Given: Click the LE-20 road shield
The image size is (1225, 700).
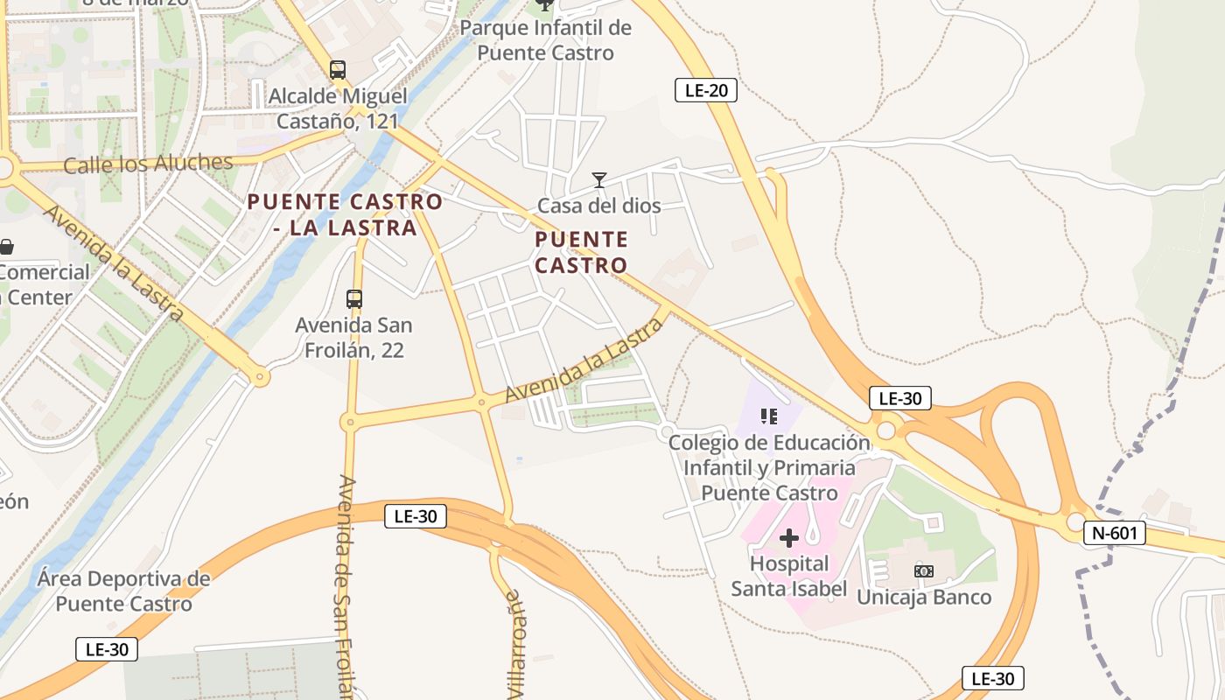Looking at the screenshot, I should (x=705, y=90).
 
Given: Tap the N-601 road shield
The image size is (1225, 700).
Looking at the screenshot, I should (x=1114, y=533).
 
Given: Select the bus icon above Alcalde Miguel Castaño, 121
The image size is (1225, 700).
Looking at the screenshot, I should (x=338, y=70).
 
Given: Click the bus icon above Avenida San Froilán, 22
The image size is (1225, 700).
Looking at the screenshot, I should (x=354, y=299).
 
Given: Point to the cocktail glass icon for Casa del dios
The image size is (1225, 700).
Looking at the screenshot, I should (x=599, y=180).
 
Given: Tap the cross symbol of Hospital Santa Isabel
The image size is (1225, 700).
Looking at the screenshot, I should (x=789, y=538).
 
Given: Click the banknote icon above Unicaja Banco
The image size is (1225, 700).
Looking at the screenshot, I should (x=924, y=571).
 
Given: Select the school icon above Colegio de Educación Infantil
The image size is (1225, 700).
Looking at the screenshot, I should (x=769, y=416).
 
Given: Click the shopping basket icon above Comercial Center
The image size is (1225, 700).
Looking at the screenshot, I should (x=6, y=248).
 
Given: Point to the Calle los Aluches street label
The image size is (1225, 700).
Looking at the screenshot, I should (x=148, y=164).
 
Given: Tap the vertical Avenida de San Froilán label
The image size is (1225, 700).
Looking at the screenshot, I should (x=346, y=586).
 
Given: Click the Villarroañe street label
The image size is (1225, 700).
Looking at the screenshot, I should (x=515, y=643).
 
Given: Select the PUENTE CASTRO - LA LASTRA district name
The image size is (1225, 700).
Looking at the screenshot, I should (x=345, y=214).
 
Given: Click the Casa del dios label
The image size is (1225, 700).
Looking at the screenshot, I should (x=598, y=206).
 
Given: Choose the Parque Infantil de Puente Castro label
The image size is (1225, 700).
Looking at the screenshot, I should (x=545, y=40).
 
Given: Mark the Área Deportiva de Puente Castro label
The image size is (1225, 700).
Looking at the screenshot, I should (x=124, y=591).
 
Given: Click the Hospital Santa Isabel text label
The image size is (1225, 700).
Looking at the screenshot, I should (x=789, y=576).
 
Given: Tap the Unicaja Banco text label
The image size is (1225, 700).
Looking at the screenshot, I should (x=924, y=598).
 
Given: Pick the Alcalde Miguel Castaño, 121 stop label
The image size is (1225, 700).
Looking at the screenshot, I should (x=338, y=108).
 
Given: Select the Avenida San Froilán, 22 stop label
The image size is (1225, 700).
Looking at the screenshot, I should (x=353, y=338).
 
